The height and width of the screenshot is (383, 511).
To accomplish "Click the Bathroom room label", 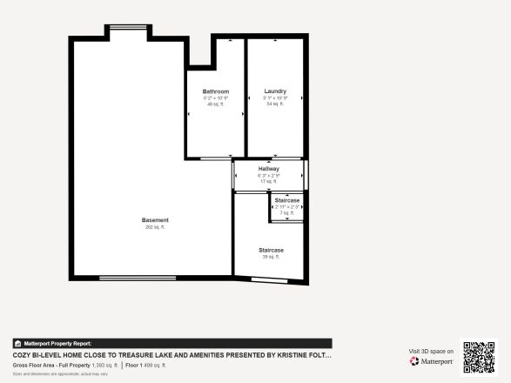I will [x=216, y=91].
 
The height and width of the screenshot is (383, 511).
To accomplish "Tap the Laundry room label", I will [x=275, y=91].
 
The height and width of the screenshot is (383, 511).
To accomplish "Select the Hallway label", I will [x=268, y=169].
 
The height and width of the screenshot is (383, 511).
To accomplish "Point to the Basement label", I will [x=155, y=220].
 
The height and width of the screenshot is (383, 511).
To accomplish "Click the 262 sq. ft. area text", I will [x=155, y=227].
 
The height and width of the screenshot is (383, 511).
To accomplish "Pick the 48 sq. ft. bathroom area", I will [x=216, y=104].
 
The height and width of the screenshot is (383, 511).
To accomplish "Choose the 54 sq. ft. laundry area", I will [x=275, y=104].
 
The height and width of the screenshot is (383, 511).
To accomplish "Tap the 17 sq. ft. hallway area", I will [x=268, y=181].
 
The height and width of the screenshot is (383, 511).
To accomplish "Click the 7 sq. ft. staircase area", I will [x=287, y=212].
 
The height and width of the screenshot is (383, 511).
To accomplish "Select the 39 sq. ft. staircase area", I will [x=271, y=257].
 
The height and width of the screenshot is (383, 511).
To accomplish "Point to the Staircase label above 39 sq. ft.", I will [x=271, y=250].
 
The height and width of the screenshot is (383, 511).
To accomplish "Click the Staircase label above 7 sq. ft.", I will [x=287, y=200].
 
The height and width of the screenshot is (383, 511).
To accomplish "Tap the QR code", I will [x=478, y=357].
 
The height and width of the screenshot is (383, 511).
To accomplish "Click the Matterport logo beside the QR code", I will [x=432, y=361].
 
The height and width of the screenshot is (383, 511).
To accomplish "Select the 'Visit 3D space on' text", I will [x=432, y=352].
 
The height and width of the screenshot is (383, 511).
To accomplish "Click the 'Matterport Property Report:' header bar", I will [x=171, y=344].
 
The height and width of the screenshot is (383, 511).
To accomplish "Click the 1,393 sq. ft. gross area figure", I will [x=104, y=366].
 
